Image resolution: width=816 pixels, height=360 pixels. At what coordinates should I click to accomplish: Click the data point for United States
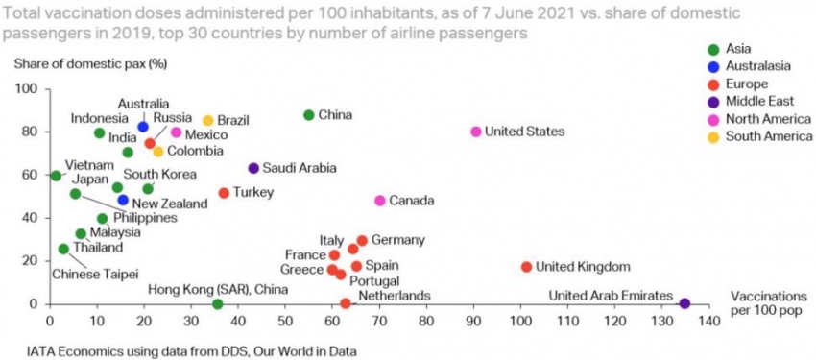(475, 132)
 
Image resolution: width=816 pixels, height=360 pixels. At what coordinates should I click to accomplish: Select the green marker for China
(309, 115)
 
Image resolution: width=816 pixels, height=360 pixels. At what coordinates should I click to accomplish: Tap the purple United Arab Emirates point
(684, 303)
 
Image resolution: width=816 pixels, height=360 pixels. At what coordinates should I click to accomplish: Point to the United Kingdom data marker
(526, 267)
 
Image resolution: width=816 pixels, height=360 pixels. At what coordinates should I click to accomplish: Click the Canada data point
(380, 201)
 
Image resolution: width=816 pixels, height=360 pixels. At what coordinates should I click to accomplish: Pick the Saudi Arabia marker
(253, 168)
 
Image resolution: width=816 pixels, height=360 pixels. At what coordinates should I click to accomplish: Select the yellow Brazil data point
(207, 121)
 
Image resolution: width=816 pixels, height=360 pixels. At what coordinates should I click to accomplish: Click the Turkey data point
(224, 193)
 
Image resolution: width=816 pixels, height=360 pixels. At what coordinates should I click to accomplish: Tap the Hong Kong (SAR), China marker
(217, 303)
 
